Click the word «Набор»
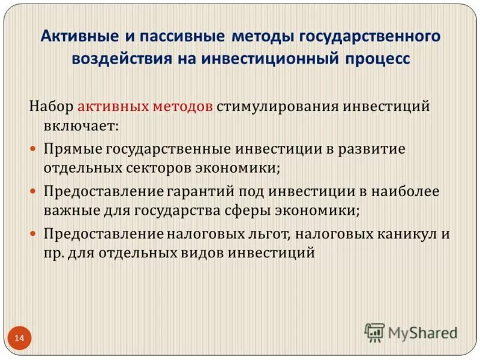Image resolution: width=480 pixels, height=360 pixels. pyautogui.click(x=51, y=106)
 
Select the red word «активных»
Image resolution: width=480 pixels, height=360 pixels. pyautogui.click(x=114, y=106)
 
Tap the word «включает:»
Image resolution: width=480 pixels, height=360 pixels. pyautogui.click(x=80, y=127)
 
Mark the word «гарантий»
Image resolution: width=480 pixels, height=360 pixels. pyautogui.click(x=200, y=191)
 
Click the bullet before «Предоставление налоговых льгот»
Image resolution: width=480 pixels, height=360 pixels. pyautogui.click(x=34, y=233)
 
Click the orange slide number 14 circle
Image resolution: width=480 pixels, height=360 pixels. pyautogui.click(x=20, y=338)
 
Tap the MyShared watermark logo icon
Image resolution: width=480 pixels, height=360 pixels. pyautogui.click(x=374, y=331)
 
